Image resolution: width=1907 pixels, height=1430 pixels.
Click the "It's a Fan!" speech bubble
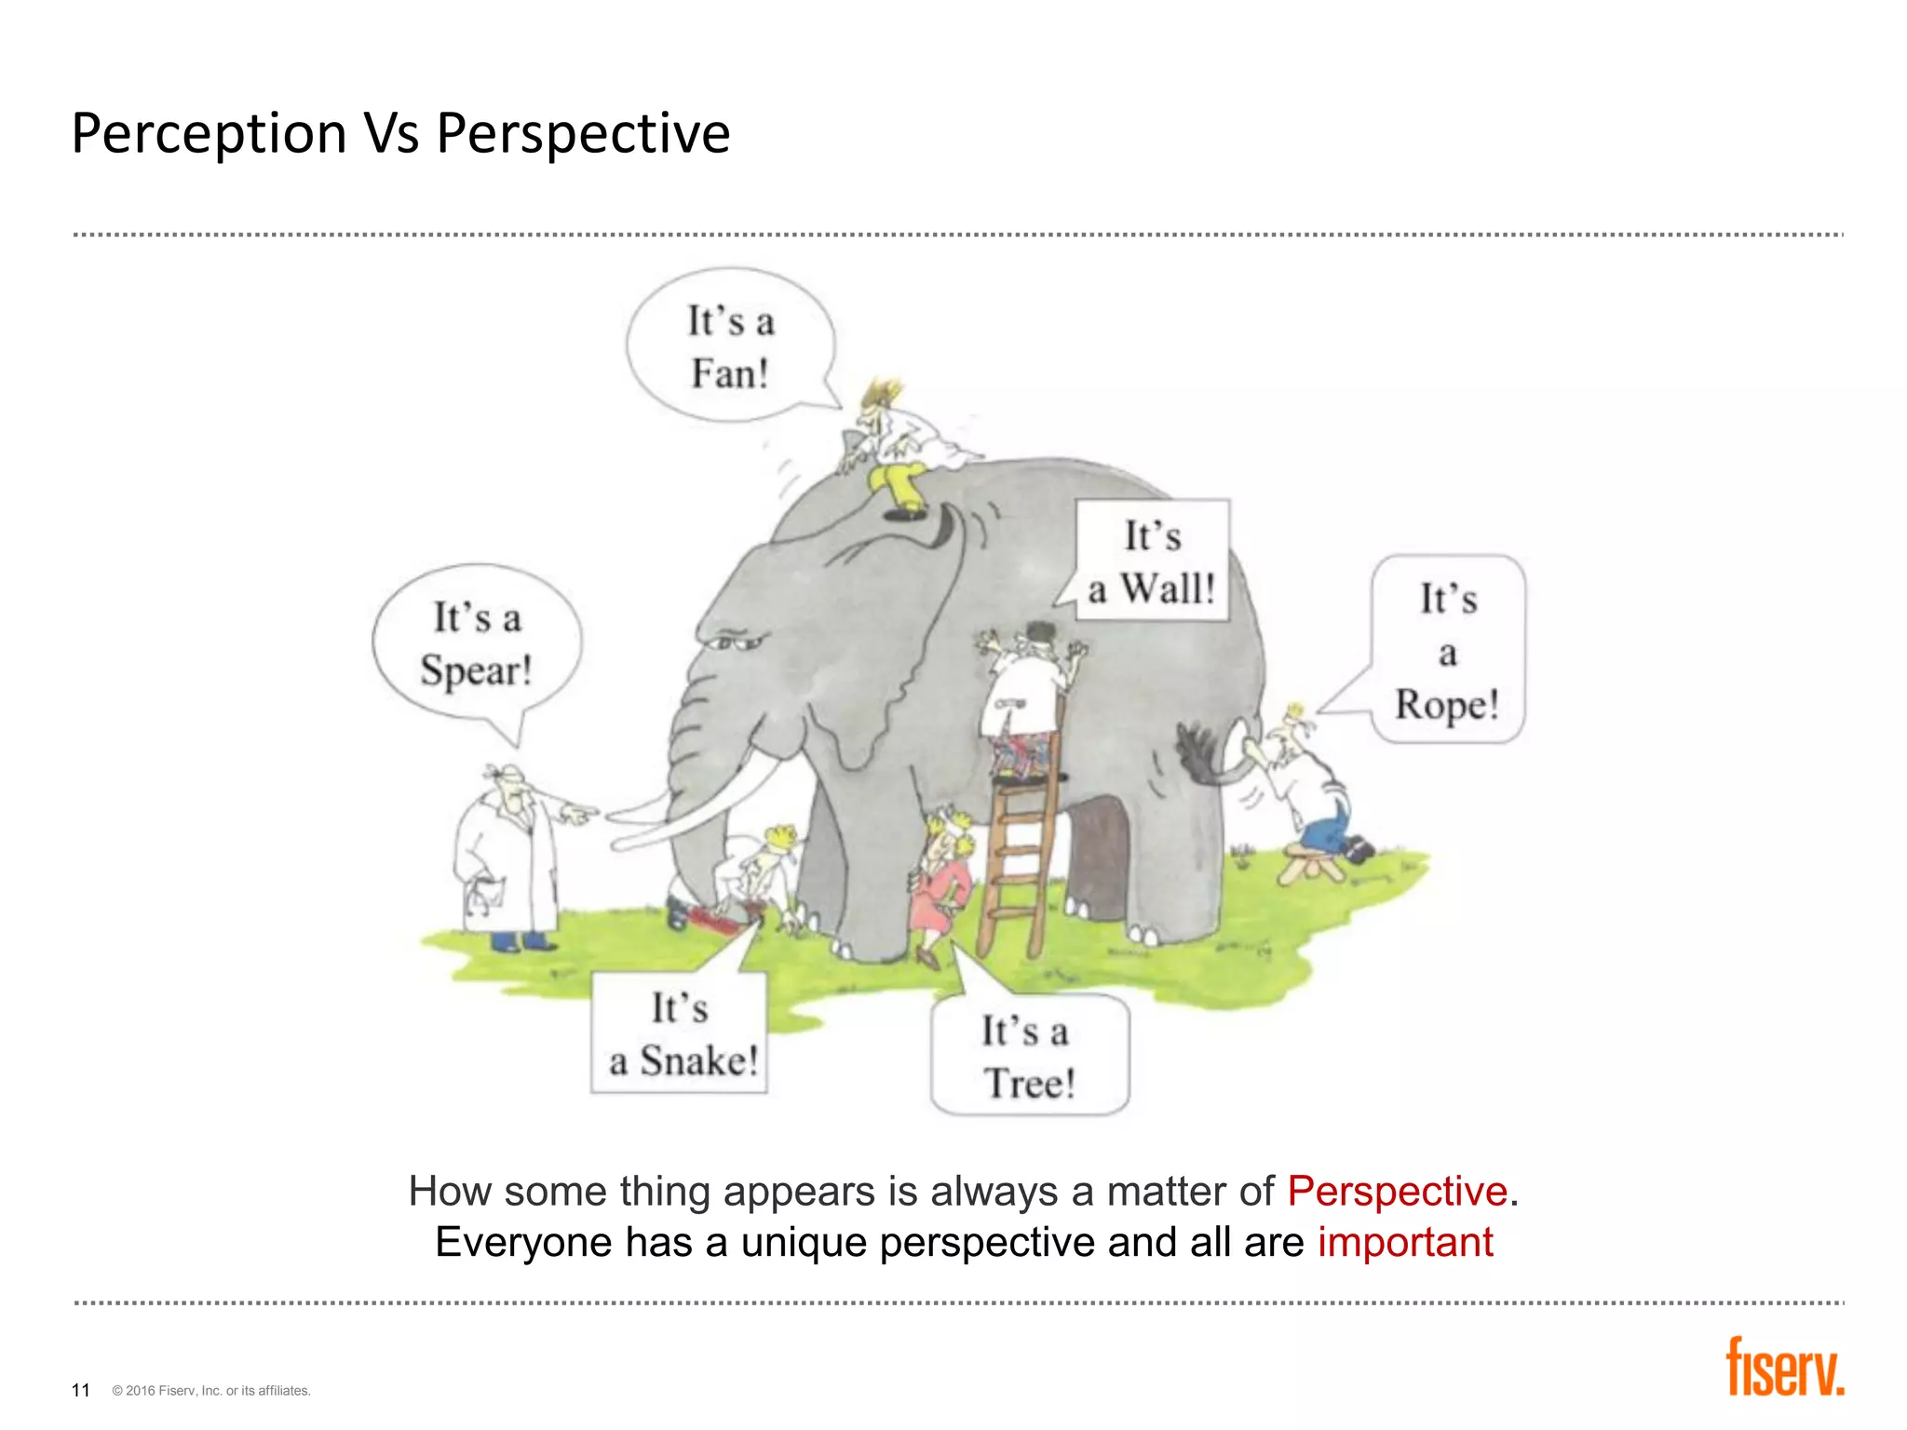tap(730, 346)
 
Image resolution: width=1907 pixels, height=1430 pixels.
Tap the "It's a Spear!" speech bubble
tap(476, 643)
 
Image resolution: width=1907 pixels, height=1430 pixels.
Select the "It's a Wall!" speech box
tap(1152, 561)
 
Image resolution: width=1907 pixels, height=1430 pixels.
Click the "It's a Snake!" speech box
tap(680, 1034)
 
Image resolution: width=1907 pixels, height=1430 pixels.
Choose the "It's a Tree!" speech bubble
tap(1029, 1057)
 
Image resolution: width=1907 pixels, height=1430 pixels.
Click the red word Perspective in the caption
tap(1397, 1192)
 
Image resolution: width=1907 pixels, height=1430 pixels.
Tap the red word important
tap(1405, 1243)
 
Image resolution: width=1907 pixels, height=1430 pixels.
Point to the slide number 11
tap(81, 1390)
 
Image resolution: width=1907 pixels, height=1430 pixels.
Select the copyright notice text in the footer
tap(211, 1391)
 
